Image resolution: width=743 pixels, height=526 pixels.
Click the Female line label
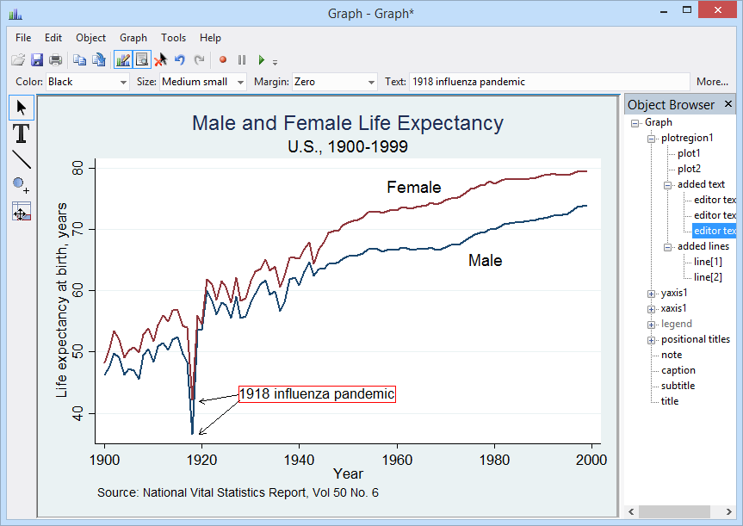click(413, 188)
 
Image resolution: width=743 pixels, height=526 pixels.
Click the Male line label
click(485, 260)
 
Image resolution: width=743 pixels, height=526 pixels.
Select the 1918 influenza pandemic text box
click(316, 394)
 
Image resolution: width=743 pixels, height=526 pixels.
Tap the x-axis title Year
click(348, 473)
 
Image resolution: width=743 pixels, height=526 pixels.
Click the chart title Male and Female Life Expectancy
click(347, 123)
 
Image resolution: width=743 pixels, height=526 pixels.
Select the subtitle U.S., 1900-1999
click(347, 146)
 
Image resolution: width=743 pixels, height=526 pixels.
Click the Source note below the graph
click(238, 493)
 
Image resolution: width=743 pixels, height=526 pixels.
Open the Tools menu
click(173, 38)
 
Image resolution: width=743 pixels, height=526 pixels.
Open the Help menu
click(210, 38)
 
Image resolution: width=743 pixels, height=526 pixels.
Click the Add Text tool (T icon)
click(22, 133)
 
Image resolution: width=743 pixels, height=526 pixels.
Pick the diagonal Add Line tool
click(22, 159)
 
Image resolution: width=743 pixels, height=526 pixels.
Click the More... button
click(712, 82)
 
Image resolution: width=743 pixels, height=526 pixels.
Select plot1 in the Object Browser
click(689, 153)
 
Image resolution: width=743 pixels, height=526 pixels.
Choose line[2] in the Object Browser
click(708, 277)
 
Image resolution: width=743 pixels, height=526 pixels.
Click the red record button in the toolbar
click(222, 60)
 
